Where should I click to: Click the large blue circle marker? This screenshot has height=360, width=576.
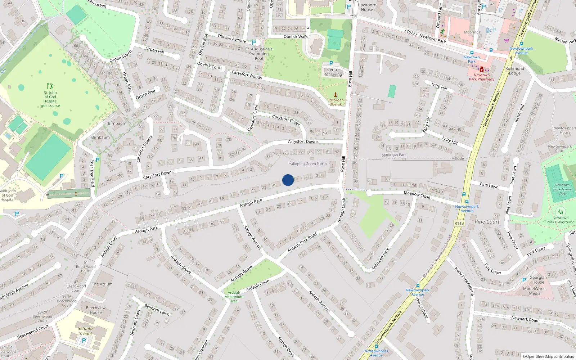point(288,180)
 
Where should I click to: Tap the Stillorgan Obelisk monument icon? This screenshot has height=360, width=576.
point(336,95)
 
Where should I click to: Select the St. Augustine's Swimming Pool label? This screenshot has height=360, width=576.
point(259,54)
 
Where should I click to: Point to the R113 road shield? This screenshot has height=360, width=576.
point(459,223)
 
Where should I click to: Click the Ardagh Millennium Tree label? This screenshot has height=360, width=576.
point(234,297)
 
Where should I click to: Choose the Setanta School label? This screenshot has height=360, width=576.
point(85,331)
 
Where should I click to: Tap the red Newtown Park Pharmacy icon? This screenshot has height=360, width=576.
point(481,69)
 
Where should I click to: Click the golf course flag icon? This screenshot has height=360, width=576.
point(50,86)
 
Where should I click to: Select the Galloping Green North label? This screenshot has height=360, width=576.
point(308,163)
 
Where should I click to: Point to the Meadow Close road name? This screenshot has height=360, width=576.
point(417,195)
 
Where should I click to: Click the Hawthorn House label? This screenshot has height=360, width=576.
point(367,7)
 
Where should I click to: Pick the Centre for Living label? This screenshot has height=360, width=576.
point(333,72)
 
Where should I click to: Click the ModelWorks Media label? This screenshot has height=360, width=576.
point(535,291)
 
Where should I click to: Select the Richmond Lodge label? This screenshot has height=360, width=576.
point(514,71)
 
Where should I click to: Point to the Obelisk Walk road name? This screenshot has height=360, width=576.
point(295,36)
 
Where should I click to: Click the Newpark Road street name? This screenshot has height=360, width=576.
point(525,319)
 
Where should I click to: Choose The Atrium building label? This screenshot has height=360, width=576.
point(102,284)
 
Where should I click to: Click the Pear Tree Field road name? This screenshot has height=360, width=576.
point(93,173)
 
